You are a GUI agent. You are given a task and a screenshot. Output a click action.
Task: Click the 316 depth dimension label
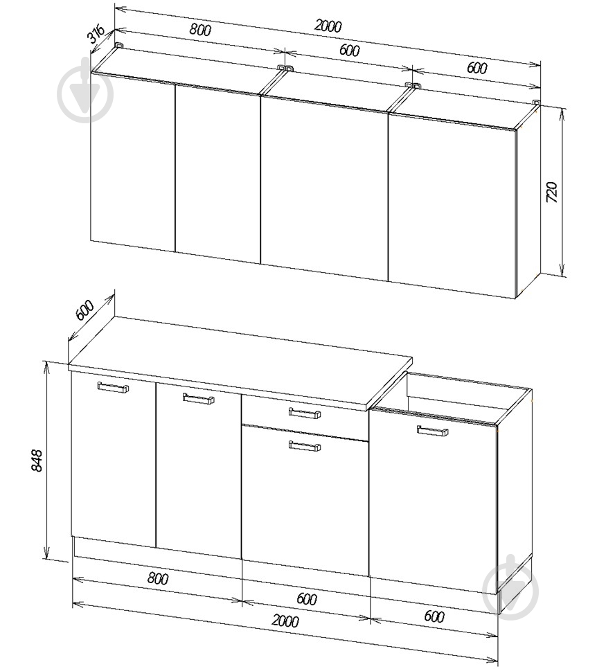click(97, 34)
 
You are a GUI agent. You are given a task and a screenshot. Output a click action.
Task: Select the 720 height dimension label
click(552, 191)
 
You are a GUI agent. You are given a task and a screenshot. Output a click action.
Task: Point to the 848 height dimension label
click(37, 461)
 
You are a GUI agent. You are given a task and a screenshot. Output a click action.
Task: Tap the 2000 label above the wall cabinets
click(328, 26)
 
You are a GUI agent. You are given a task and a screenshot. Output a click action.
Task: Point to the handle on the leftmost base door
click(113, 388)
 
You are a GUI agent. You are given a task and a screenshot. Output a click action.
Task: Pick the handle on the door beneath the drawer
click(304, 446)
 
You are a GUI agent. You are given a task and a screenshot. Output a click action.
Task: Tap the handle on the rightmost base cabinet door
click(432, 431)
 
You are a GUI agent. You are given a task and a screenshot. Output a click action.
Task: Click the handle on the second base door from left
click(198, 399)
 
